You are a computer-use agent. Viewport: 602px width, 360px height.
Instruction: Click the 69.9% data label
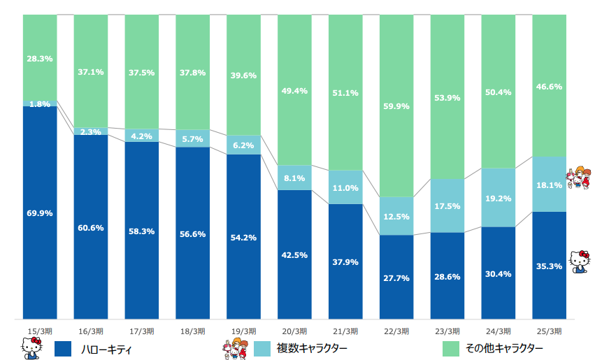(40, 213)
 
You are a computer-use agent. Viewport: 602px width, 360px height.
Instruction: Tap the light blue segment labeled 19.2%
(499, 198)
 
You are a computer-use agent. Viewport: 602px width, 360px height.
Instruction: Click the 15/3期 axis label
(40, 331)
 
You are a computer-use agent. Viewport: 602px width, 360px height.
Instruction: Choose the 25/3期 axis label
(549, 331)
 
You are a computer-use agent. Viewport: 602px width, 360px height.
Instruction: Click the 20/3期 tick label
(294, 331)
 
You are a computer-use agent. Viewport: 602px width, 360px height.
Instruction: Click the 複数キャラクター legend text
(311, 347)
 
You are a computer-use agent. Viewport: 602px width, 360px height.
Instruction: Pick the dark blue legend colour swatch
(64, 347)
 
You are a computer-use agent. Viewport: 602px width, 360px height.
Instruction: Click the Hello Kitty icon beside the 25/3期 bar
(580, 261)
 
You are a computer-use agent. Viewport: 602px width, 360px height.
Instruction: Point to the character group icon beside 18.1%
(579, 179)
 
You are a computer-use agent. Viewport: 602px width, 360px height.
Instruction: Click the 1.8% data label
(40, 104)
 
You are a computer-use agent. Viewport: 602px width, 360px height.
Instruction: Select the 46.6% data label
(549, 87)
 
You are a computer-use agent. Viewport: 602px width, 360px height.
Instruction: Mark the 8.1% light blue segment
(294, 178)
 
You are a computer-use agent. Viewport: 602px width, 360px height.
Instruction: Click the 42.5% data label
(294, 254)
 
